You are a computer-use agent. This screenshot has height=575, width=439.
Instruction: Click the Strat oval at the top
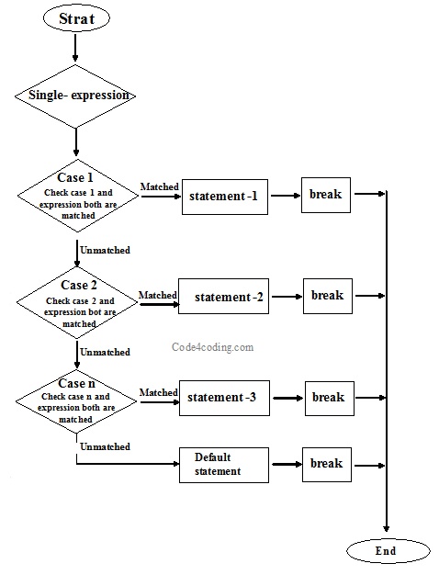[76, 18]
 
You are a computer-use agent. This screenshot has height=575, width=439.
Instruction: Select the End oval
[387, 550]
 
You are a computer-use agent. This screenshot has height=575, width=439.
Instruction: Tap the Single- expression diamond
[76, 95]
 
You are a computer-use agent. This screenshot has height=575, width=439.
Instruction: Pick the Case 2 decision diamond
[78, 299]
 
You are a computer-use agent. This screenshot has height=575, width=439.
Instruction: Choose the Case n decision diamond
[78, 400]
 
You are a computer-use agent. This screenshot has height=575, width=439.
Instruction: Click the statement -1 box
[224, 197]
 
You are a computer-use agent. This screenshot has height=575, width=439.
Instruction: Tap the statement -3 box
[223, 398]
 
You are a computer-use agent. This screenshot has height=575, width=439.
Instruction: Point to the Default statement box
[223, 464]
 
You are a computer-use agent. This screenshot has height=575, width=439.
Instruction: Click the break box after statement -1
[326, 195]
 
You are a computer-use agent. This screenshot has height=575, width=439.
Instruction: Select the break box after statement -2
[326, 296]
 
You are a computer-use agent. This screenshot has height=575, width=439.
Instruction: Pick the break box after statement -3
[326, 398]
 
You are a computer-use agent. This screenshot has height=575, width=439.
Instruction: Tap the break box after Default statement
[326, 464]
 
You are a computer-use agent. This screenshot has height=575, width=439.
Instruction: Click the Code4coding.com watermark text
[213, 347]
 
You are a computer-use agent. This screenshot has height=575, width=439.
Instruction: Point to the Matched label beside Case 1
[159, 186]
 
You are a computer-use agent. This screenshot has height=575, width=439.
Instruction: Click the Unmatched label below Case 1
[105, 250]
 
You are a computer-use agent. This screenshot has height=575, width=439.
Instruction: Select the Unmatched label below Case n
[105, 446]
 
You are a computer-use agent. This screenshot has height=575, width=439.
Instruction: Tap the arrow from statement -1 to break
[285, 196]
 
